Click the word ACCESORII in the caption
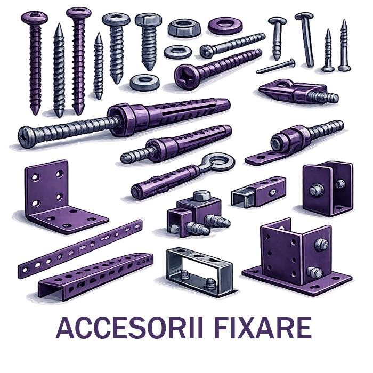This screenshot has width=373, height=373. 129,328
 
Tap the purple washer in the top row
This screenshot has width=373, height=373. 225,25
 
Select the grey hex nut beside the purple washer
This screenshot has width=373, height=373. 184,27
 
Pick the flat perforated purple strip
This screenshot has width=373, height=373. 80,248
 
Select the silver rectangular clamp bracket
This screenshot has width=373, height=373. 199,271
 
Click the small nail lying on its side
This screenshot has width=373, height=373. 276,66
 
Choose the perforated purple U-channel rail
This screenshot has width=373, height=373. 95,276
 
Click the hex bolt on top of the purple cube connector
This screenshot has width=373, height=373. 202,196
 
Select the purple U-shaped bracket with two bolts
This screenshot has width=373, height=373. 328,189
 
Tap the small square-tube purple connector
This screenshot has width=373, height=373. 258,191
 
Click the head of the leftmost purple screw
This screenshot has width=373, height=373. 34,18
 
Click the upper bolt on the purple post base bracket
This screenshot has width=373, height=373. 321,244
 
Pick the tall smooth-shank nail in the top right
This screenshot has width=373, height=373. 305,39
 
